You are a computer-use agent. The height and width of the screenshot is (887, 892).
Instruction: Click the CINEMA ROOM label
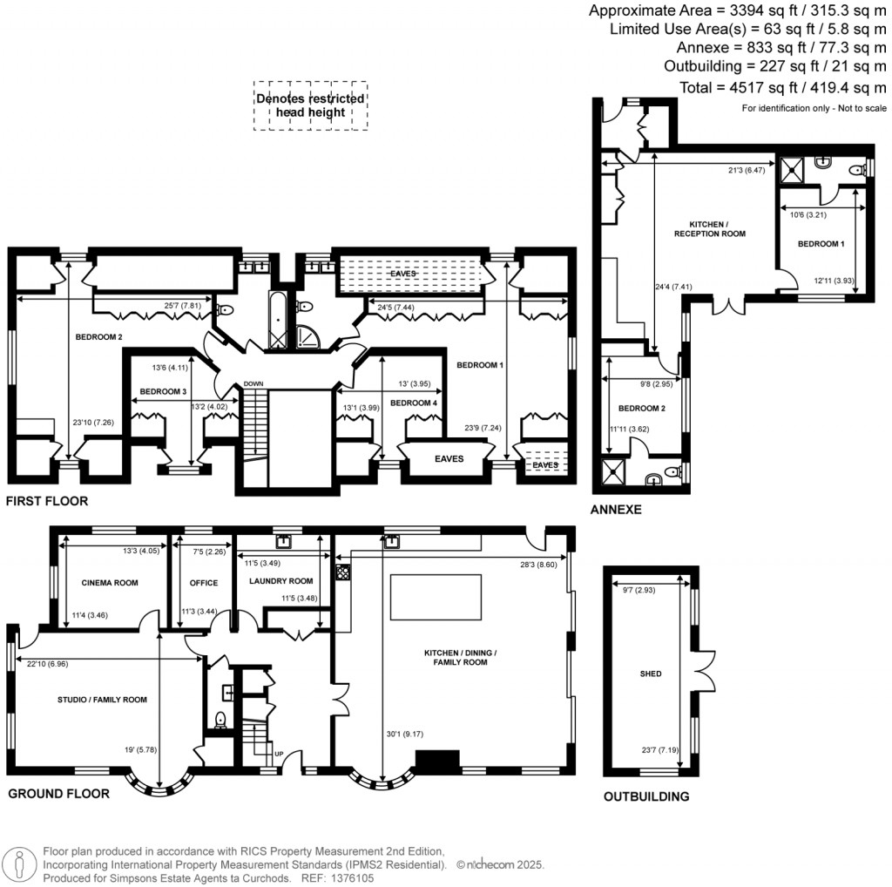(110, 583)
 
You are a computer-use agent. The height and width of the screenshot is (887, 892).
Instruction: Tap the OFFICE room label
(203, 583)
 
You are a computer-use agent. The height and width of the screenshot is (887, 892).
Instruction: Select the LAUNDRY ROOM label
(280, 581)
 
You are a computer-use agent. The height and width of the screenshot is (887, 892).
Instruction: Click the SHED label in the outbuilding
(650, 674)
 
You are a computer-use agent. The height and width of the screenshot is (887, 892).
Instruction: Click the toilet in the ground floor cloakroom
(220, 720)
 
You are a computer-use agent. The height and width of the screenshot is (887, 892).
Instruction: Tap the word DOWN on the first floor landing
(254, 384)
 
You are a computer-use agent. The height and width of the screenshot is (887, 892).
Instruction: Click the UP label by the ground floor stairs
(279, 755)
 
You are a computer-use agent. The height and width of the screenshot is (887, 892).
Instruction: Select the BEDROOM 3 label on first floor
(164, 392)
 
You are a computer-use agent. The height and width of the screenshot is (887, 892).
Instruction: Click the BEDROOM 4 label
(414, 403)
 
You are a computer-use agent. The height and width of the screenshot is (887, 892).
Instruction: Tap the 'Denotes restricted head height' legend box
(310, 105)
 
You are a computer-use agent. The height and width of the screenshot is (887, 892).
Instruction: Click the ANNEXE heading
(616, 510)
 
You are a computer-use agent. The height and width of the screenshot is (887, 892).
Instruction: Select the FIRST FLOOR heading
(46, 502)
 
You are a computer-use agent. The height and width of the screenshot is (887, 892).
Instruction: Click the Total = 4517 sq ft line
(783, 87)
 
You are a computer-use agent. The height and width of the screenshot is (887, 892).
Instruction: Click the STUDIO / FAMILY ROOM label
(102, 700)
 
